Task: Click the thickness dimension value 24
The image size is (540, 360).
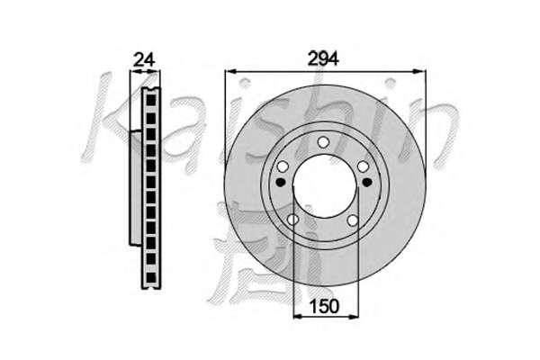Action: point(144,59)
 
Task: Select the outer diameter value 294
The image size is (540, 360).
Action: point(323,58)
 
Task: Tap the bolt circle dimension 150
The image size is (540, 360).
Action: point(324,306)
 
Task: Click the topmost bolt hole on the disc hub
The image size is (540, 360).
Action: point(323,141)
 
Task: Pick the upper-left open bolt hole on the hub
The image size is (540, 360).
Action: point(283,166)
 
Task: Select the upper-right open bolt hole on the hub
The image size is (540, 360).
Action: point(364,166)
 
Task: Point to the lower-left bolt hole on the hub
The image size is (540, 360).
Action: point(292,219)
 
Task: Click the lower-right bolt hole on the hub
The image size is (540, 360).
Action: point(353,220)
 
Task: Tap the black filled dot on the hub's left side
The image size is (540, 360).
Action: point(282,182)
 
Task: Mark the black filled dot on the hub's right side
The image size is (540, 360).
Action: point(367,182)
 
